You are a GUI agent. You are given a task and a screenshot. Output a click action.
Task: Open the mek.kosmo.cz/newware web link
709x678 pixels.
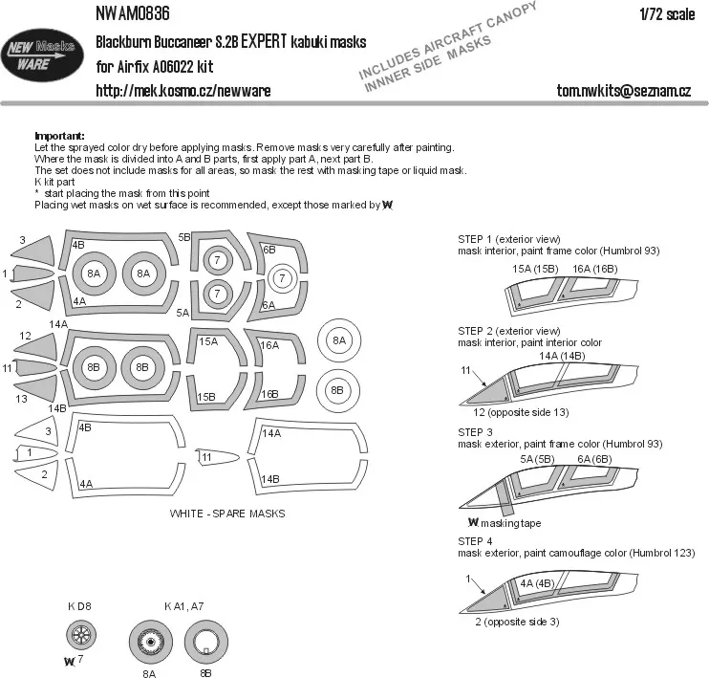183,90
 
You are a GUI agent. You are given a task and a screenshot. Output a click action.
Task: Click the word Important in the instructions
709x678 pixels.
59,136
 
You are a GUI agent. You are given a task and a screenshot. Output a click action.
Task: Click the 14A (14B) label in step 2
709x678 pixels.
562,356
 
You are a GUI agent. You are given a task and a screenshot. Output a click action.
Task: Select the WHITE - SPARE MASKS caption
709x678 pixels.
227,514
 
